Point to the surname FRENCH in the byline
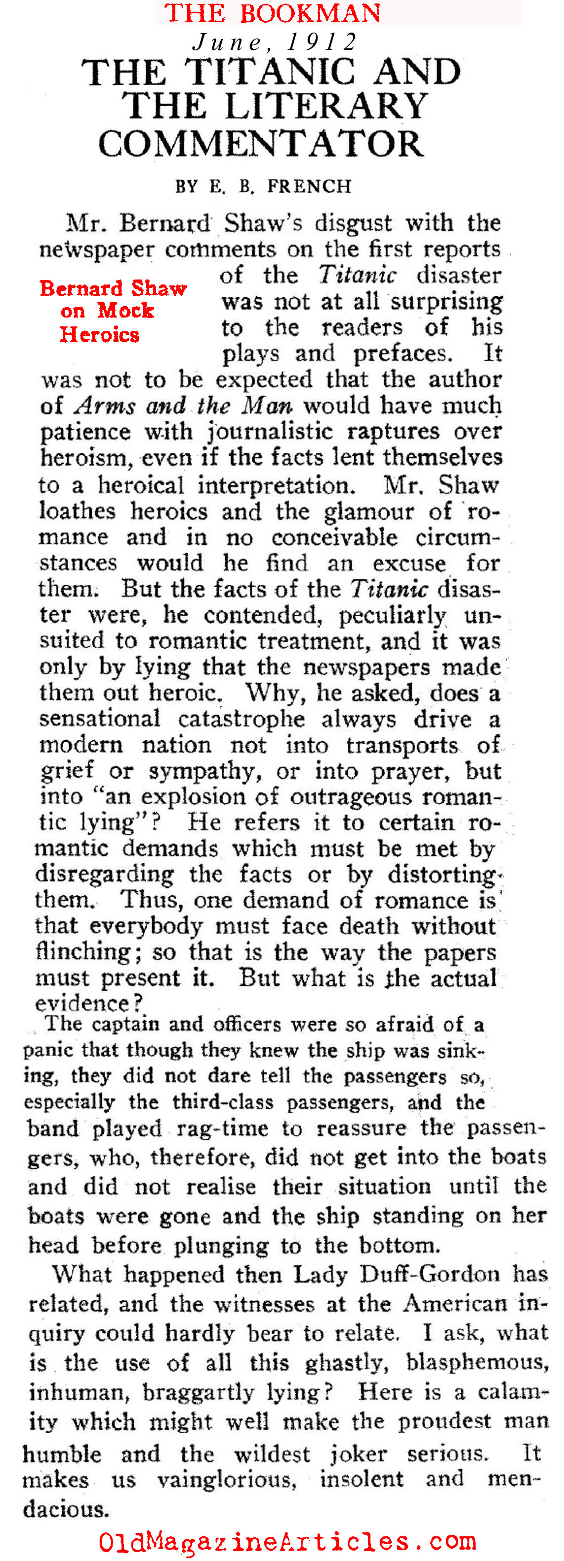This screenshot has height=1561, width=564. click(x=309, y=186)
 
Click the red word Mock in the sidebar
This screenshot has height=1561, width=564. click(x=126, y=311)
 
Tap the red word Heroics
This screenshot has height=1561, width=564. click(x=99, y=334)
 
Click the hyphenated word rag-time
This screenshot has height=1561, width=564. click(x=222, y=1128)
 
